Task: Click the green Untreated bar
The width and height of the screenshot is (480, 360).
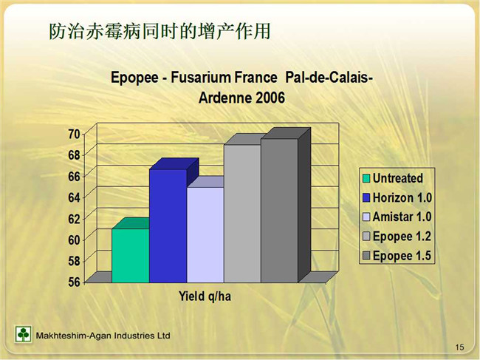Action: (131, 255)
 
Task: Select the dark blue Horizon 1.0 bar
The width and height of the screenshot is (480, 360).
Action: (168, 225)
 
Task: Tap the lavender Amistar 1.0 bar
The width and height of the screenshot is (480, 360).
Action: (205, 234)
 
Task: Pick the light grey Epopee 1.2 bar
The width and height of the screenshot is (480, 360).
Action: (242, 214)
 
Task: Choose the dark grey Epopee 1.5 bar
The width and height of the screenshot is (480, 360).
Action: (279, 211)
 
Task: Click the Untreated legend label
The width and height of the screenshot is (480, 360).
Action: (397, 178)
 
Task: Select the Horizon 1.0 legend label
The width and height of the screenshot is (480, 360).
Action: (402, 197)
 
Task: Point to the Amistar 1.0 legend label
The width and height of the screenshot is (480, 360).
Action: (402, 217)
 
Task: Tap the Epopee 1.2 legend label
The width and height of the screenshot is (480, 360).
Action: (402, 237)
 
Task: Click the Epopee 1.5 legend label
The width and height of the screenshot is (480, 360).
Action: (402, 256)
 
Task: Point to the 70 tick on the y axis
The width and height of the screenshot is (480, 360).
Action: (74, 134)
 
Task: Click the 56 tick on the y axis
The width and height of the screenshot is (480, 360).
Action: (74, 282)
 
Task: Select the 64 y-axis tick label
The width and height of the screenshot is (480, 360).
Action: (74, 197)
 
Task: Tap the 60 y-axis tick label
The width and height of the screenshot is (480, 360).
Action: (74, 240)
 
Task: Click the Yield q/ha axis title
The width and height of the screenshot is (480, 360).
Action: (205, 296)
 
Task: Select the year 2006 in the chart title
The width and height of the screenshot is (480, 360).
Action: (270, 98)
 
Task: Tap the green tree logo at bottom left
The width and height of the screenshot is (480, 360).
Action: (23, 334)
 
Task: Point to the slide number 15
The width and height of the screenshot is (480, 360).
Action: (459, 347)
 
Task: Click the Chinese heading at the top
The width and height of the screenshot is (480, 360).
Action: (160, 31)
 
